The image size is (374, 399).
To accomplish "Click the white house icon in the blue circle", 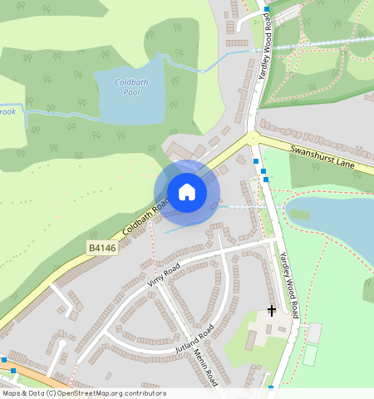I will click(x=187, y=192).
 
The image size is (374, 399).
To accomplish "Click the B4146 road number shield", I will click(x=101, y=248).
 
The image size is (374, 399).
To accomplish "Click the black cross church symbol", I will click(x=271, y=312).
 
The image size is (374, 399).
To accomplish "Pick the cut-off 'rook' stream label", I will click(x=7, y=110).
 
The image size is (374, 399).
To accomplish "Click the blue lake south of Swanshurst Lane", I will click(x=341, y=216).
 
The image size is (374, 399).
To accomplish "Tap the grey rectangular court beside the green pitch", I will click(x=314, y=332).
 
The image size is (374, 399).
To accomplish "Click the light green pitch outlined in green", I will click(x=309, y=355).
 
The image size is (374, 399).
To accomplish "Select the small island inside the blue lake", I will click(x=300, y=214).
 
